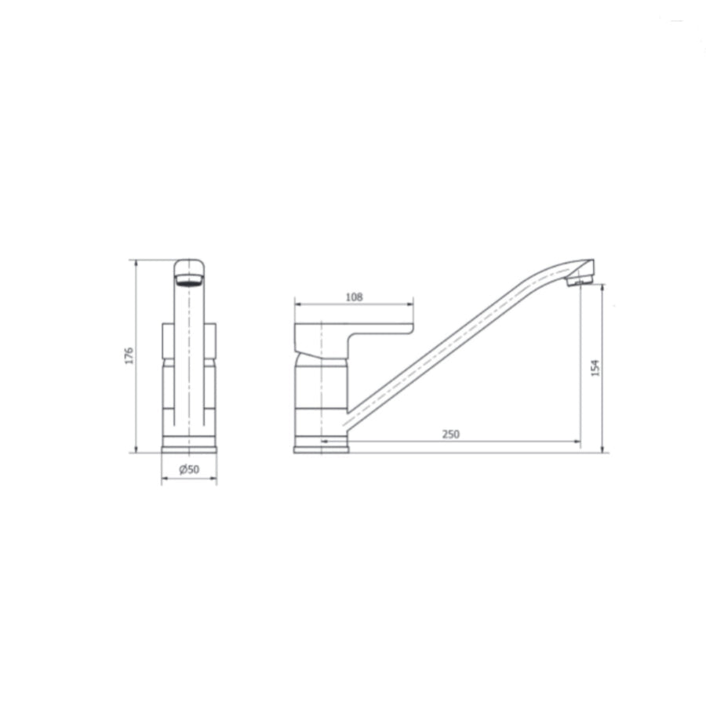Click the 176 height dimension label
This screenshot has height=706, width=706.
129,355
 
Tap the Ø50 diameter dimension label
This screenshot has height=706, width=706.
189,470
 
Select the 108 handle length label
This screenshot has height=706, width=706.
354,297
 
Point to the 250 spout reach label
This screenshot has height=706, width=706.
451,434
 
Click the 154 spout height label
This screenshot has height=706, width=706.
595,368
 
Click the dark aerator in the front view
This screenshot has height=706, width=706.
189,282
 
